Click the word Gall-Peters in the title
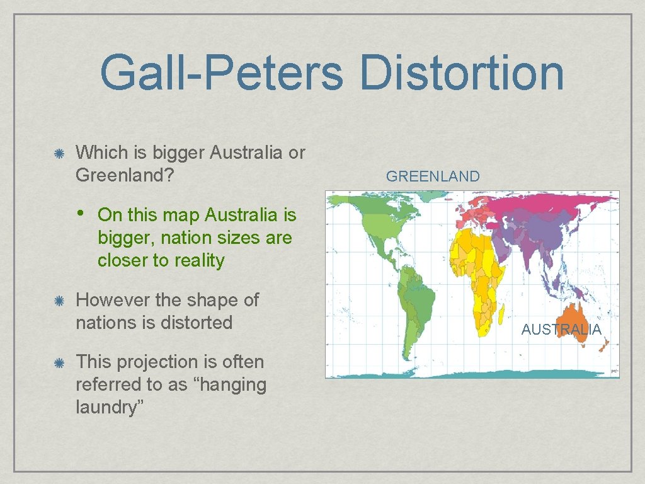[221, 72]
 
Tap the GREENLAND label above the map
[433, 176]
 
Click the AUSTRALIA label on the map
[561, 329]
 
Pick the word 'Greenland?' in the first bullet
[124, 175]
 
